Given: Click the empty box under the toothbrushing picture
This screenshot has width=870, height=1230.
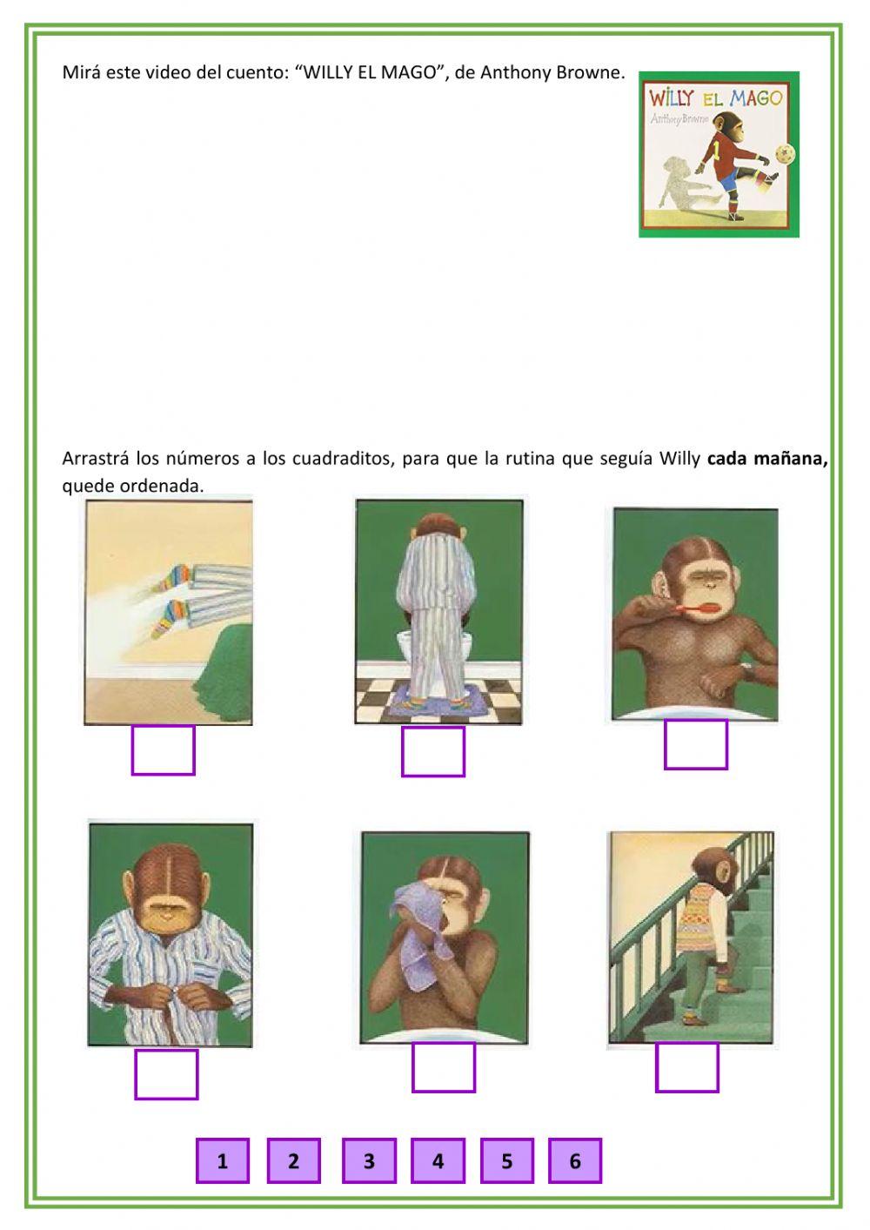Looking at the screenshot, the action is coord(695,744).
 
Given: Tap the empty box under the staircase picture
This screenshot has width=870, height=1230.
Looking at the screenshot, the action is coord(686,1067).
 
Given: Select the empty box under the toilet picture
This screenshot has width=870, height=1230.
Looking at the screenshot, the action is coord(433,751).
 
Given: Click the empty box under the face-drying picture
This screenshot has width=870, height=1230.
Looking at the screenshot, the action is coord(444,1067).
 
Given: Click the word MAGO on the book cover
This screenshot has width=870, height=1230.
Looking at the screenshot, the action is coord(756,98).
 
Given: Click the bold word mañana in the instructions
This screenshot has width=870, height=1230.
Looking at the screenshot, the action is coord(790,459).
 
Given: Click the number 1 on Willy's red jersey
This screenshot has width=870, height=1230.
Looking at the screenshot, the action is coord(716,147).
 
